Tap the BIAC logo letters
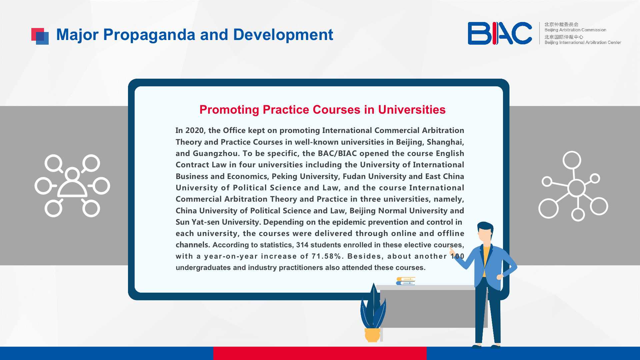pos(500,33)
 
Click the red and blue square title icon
pos(40,36)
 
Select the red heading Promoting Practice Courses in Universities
pos(322,110)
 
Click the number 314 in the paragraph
pos(302,245)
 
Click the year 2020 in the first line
pos(194,130)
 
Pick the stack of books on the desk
pos(406,281)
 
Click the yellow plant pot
pos(372,335)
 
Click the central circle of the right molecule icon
pos(576,188)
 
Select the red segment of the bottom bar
pos(320,353)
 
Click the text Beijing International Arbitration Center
pos(583,42)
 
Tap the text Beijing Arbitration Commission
pos(575,30)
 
